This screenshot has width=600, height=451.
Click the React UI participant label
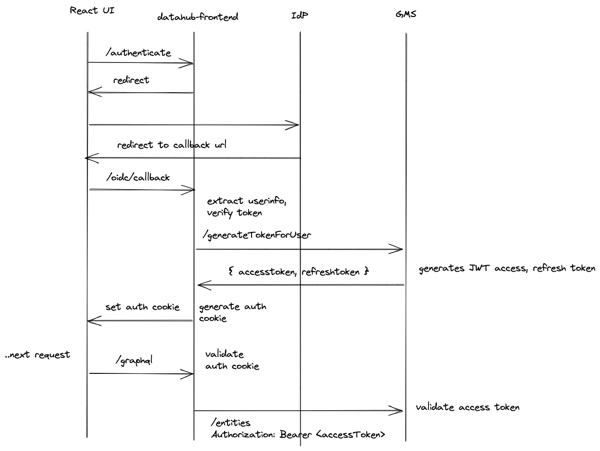tap(92, 10)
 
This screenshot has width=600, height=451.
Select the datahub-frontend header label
tap(197, 17)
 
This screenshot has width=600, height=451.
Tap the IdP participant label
tap(300, 15)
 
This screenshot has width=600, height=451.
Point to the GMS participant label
tap(406, 14)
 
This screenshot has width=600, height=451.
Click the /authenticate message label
tap(138, 53)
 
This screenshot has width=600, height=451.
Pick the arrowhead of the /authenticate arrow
tap(190, 63)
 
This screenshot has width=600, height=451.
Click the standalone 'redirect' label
tap(131, 80)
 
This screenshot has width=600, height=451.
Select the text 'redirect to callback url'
tap(172, 145)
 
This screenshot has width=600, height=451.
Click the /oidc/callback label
tap(138, 177)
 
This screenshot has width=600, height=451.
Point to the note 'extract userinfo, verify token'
tap(246, 207)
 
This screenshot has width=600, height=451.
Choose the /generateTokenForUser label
tap(257, 235)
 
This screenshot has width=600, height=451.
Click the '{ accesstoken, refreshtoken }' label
tap(298, 272)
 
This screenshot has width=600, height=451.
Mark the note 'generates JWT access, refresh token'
tap(507, 268)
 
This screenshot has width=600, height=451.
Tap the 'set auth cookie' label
tap(142, 307)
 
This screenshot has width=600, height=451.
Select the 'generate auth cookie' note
tap(232, 312)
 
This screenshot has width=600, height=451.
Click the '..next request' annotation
tap(37, 355)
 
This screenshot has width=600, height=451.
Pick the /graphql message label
tap(134, 361)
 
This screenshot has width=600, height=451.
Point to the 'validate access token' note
tap(468, 407)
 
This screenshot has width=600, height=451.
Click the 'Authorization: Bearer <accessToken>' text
tap(298, 434)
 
